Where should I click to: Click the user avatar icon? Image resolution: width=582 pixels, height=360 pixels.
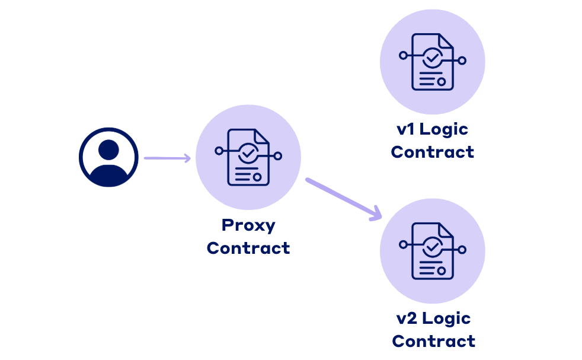108,157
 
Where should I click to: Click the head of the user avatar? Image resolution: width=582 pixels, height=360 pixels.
108,149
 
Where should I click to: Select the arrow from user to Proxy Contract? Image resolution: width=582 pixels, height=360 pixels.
167,158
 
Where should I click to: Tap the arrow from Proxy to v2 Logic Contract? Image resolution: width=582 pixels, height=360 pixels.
343,198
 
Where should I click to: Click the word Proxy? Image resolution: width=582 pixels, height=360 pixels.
248,225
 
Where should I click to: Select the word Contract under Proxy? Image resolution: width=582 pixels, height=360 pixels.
248,248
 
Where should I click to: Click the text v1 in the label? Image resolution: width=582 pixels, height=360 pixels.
406,129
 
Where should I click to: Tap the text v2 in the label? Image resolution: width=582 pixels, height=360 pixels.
407,318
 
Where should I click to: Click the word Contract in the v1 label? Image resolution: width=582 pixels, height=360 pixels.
433,152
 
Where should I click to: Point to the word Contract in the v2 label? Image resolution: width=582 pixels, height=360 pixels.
434,341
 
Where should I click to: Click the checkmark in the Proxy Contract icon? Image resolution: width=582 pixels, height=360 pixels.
247,154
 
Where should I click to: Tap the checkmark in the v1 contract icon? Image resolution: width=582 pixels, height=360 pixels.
432,58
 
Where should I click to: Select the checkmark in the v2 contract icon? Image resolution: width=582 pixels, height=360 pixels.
433,246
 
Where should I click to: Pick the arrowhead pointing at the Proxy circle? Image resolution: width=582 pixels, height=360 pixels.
187,158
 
